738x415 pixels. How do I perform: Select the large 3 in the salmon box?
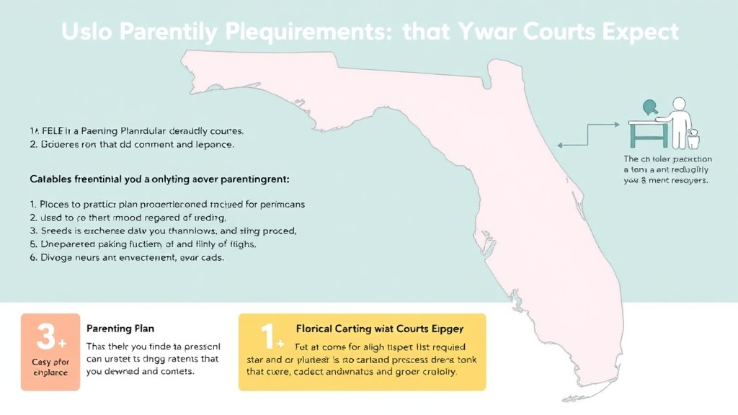pyautogui.click(x=45, y=336)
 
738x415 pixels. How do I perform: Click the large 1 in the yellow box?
pyautogui.click(x=267, y=336)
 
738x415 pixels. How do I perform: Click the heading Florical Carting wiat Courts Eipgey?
pyautogui.click(x=380, y=329)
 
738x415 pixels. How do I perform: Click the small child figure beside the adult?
pyautogui.click(x=694, y=138)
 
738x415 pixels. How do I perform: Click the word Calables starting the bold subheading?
pyautogui.click(x=50, y=177)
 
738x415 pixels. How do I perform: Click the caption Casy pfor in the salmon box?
pyautogui.click(x=50, y=361)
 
